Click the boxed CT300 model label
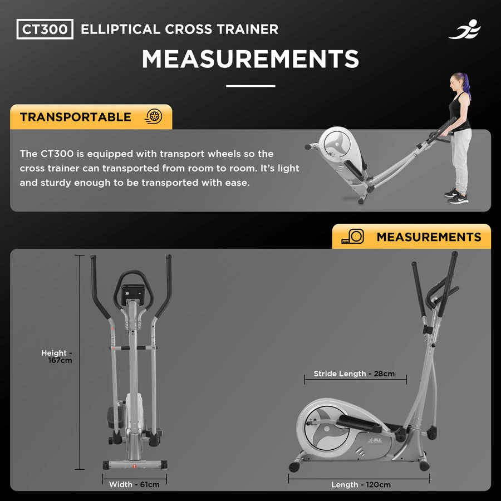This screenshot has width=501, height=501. coord(45,29)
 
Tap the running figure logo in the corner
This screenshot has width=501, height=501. coord(465,30)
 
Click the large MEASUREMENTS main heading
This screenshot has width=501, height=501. coord(250,59)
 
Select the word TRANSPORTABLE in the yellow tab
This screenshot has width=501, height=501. coord(75,117)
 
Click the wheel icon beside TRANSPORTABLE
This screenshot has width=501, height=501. coord(154,116)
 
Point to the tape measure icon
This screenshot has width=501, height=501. coord(353,237)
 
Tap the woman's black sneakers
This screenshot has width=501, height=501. coord(456,195)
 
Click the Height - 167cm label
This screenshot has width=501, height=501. coord(57,357)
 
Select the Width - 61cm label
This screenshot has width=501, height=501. coord(134,484)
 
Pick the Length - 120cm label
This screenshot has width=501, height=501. coord(361,485)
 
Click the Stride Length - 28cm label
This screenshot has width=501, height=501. coord(354,374)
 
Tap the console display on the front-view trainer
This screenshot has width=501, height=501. coord(133,294)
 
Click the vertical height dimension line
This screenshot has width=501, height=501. coord(80,362)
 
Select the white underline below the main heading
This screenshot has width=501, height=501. coord(250,86)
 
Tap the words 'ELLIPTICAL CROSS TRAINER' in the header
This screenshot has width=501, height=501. coord(180,29)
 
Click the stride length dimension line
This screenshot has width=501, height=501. coord(355,380)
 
